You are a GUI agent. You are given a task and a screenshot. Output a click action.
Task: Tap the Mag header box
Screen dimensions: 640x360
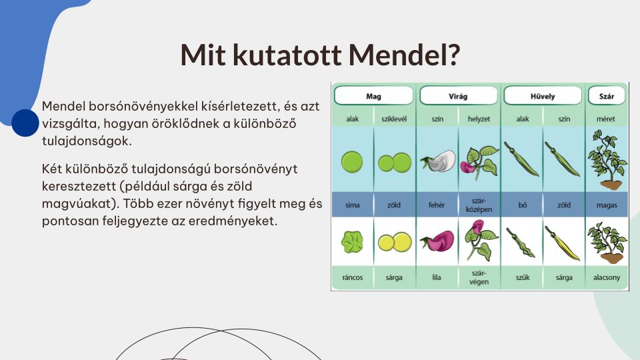(x=373, y=96)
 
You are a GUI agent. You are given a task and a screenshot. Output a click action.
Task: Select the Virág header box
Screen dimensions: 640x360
(x=458, y=96)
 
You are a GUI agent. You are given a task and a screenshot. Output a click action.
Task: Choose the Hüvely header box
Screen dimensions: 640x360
(x=543, y=96)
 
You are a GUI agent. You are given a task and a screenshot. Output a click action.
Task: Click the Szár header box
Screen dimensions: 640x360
(x=607, y=96)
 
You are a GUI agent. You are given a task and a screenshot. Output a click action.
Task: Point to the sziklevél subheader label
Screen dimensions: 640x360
(x=394, y=119)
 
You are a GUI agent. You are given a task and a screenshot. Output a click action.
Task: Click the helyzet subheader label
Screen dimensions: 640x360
(x=479, y=119)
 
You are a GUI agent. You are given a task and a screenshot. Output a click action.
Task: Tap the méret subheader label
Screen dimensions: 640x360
(x=606, y=119)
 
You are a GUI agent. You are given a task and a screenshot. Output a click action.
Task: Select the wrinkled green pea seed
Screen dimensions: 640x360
(x=352, y=242)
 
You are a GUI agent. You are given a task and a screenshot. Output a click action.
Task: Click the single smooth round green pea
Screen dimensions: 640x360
(x=352, y=162)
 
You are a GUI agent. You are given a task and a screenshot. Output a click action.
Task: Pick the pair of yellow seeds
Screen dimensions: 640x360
(x=395, y=242)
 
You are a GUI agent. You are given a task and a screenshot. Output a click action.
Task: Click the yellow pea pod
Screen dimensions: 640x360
(x=563, y=243)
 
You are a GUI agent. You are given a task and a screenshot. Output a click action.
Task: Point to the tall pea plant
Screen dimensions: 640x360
(x=607, y=160)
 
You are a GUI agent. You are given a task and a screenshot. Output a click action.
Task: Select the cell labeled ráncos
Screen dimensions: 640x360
(x=353, y=277)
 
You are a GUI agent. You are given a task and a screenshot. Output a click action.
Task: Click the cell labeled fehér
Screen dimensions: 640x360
(x=437, y=205)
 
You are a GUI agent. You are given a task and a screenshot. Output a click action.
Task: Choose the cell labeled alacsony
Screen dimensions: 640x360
(x=607, y=277)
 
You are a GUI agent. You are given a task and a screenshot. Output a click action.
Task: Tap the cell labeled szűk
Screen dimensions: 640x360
(x=523, y=277)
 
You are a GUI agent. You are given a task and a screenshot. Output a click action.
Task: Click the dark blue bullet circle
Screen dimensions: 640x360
(x=25, y=123)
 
